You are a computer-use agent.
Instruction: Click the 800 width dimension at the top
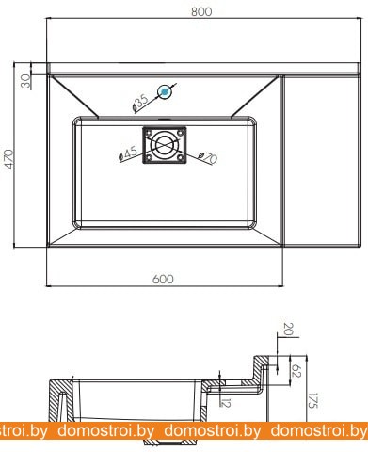(201, 11)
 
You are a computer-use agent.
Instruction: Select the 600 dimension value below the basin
(163, 279)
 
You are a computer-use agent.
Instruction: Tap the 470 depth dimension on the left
(9, 159)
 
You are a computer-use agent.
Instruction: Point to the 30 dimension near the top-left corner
(25, 81)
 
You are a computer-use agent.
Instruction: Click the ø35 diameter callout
(140, 103)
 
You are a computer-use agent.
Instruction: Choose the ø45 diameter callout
(128, 154)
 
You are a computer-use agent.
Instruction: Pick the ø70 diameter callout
(208, 157)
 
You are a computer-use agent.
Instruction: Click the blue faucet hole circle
(165, 92)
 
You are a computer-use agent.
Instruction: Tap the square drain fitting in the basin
(165, 145)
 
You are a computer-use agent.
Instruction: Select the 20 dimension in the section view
(288, 329)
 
